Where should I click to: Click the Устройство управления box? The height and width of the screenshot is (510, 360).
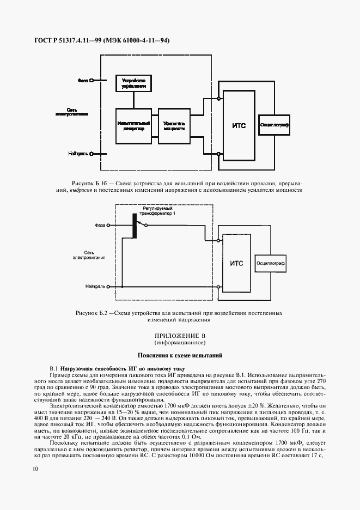(x=133, y=83)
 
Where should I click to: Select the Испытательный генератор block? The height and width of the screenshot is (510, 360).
(x=133, y=126)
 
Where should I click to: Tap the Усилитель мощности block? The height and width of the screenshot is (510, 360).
(x=174, y=126)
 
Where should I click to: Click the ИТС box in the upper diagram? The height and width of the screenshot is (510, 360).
(x=239, y=126)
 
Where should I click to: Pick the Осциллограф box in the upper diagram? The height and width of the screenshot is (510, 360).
(x=274, y=125)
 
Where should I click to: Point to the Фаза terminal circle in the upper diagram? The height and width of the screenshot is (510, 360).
(x=91, y=80)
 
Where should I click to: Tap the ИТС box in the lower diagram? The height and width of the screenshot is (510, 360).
(x=236, y=264)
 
